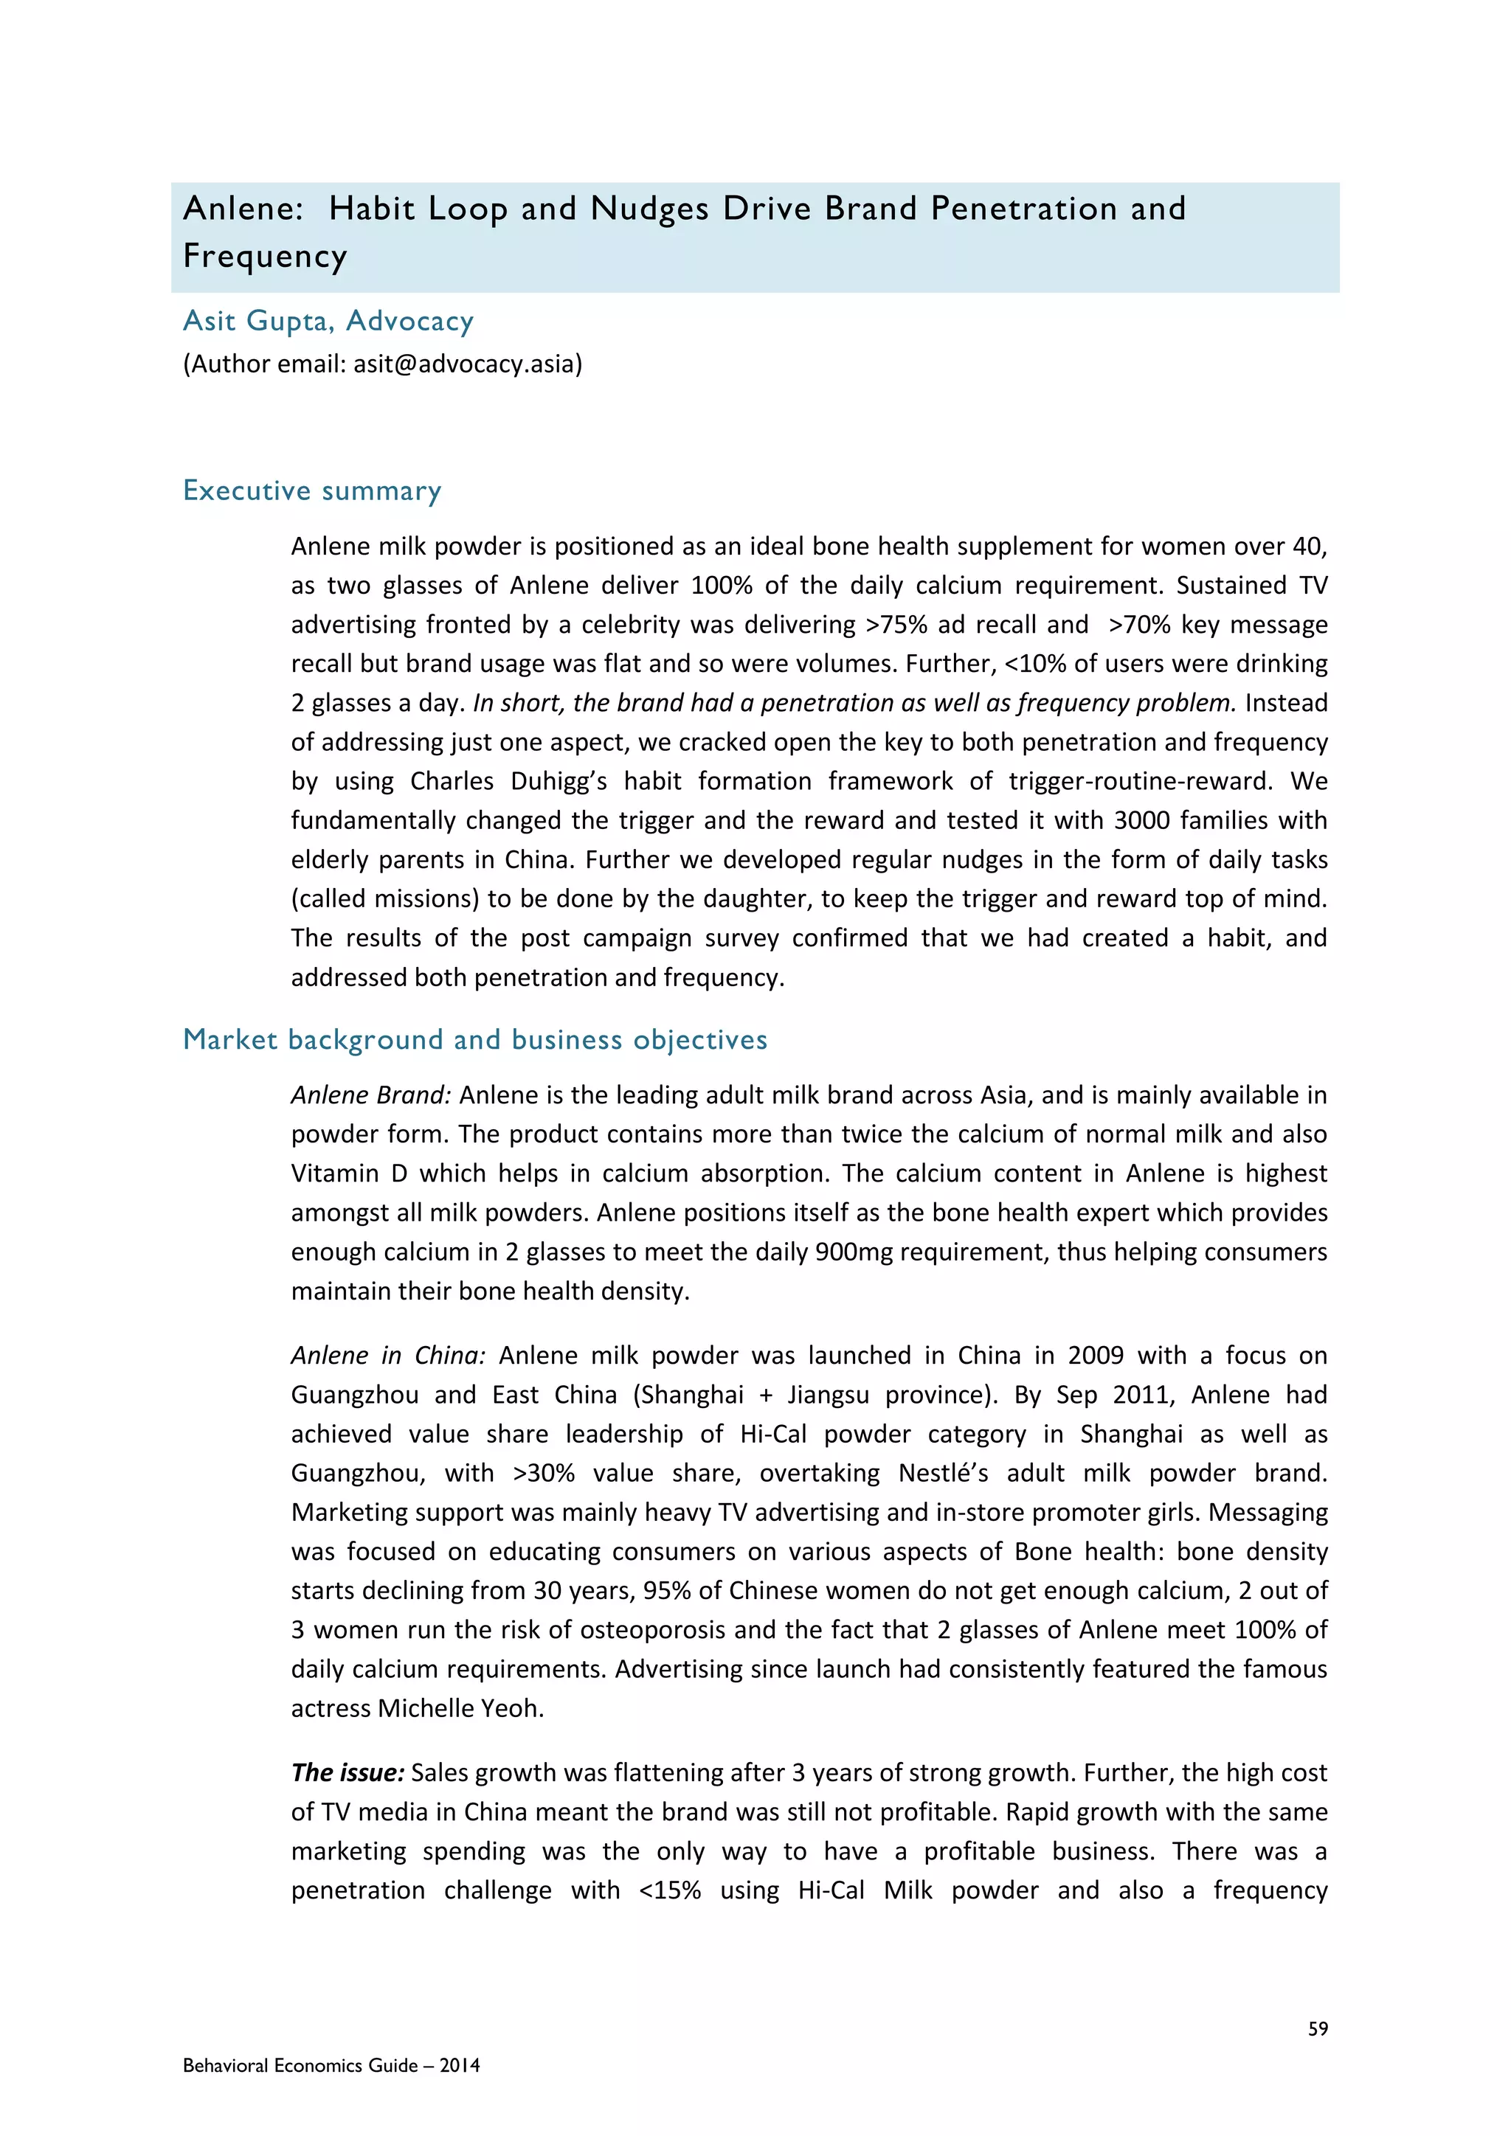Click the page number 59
(x=1318, y=2029)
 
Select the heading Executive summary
(x=311, y=490)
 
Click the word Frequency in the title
(x=265, y=256)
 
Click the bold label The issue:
(x=347, y=1772)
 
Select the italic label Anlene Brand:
(x=370, y=1095)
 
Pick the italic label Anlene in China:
(x=388, y=1356)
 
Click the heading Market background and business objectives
(x=474, y=1039)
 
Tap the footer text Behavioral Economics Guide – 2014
(x=331, y=2065)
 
